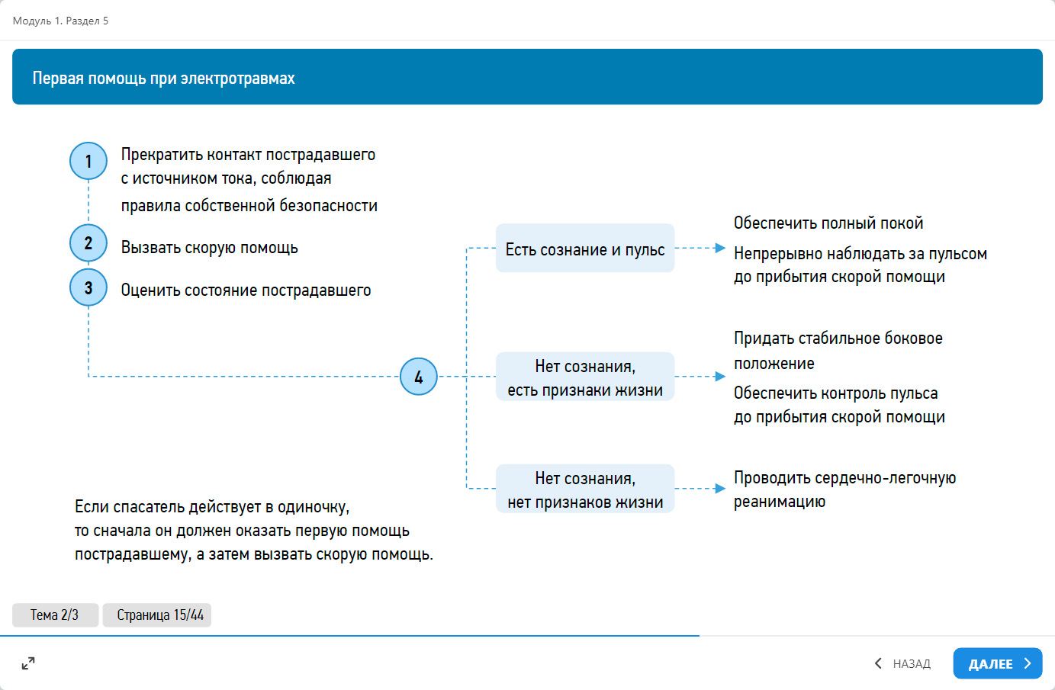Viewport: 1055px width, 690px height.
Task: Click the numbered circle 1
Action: coord(88,161)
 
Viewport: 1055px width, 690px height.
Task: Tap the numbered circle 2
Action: coord(88,243)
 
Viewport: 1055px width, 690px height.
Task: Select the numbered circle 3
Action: coord(88,287)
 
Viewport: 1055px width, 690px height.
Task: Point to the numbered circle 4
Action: coord(419,377)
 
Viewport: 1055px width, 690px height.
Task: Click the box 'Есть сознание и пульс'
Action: coord(585,249)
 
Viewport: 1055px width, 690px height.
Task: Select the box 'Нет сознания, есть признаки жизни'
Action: coord(585,377)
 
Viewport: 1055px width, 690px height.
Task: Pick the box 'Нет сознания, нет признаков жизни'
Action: coord(585,489)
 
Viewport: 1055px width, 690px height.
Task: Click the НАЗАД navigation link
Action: coord(903,664)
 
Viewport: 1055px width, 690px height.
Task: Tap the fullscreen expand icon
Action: coord(28,663)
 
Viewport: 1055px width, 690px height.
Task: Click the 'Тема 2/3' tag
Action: coord(55,615)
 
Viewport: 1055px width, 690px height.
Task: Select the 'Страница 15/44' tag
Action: coord(157,615)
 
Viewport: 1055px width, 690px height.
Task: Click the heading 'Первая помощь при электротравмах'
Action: coord(163,79)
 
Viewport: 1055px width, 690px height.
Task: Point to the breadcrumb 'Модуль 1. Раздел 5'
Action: coord(60,21)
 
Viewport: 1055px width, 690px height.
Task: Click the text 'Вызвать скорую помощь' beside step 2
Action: coord(209,248)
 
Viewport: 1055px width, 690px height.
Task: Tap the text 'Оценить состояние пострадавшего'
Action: coord(246,290)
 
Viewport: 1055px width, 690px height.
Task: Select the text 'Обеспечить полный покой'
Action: coord(828,223)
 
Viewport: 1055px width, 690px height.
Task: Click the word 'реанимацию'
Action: coord(779,502)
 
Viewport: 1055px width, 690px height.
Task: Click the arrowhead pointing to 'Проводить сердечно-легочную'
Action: coord(720,489)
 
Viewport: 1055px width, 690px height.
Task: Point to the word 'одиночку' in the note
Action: coord(312,507)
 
